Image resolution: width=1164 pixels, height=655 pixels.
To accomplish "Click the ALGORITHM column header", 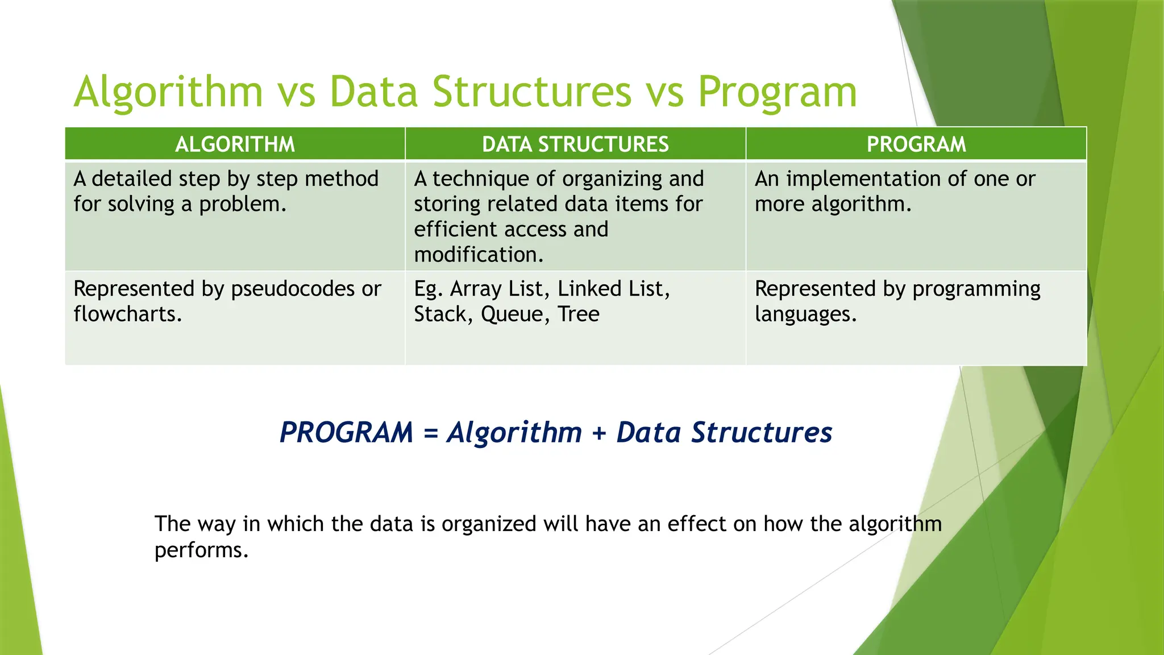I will pos(235,144).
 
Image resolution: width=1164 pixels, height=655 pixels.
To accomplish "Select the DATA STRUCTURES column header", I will pos(575,144).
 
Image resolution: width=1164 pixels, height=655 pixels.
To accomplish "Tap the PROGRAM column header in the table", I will pos(916,144).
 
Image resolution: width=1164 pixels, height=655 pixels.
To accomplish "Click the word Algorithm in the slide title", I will pos(168,92).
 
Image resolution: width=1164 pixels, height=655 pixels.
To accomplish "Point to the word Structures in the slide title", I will pos(531,92).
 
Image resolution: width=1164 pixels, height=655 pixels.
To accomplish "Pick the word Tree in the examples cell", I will pos(578,314).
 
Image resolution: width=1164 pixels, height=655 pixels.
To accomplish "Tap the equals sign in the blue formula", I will pos(431,433).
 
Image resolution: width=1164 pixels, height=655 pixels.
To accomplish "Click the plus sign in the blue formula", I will pos(599,433).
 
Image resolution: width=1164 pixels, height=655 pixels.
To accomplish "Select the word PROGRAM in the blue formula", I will pos(347,433).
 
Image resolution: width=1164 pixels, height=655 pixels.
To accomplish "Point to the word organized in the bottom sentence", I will pos(489,524).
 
